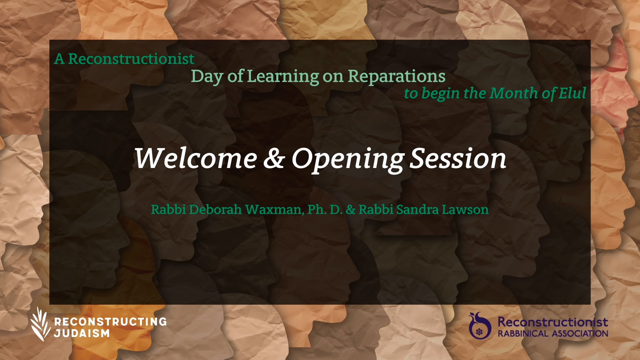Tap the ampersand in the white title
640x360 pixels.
coord(274,159)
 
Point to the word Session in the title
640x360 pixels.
coord(458,159)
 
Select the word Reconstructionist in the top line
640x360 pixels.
coord(131,59)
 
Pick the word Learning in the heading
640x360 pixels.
coord(283,77)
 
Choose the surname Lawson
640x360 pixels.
coord(465,210)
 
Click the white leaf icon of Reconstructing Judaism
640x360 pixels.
coord(40,324)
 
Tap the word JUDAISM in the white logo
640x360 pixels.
coord(82,333)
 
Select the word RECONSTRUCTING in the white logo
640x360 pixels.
coord(110,322)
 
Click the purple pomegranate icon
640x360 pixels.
coord(480,325)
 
